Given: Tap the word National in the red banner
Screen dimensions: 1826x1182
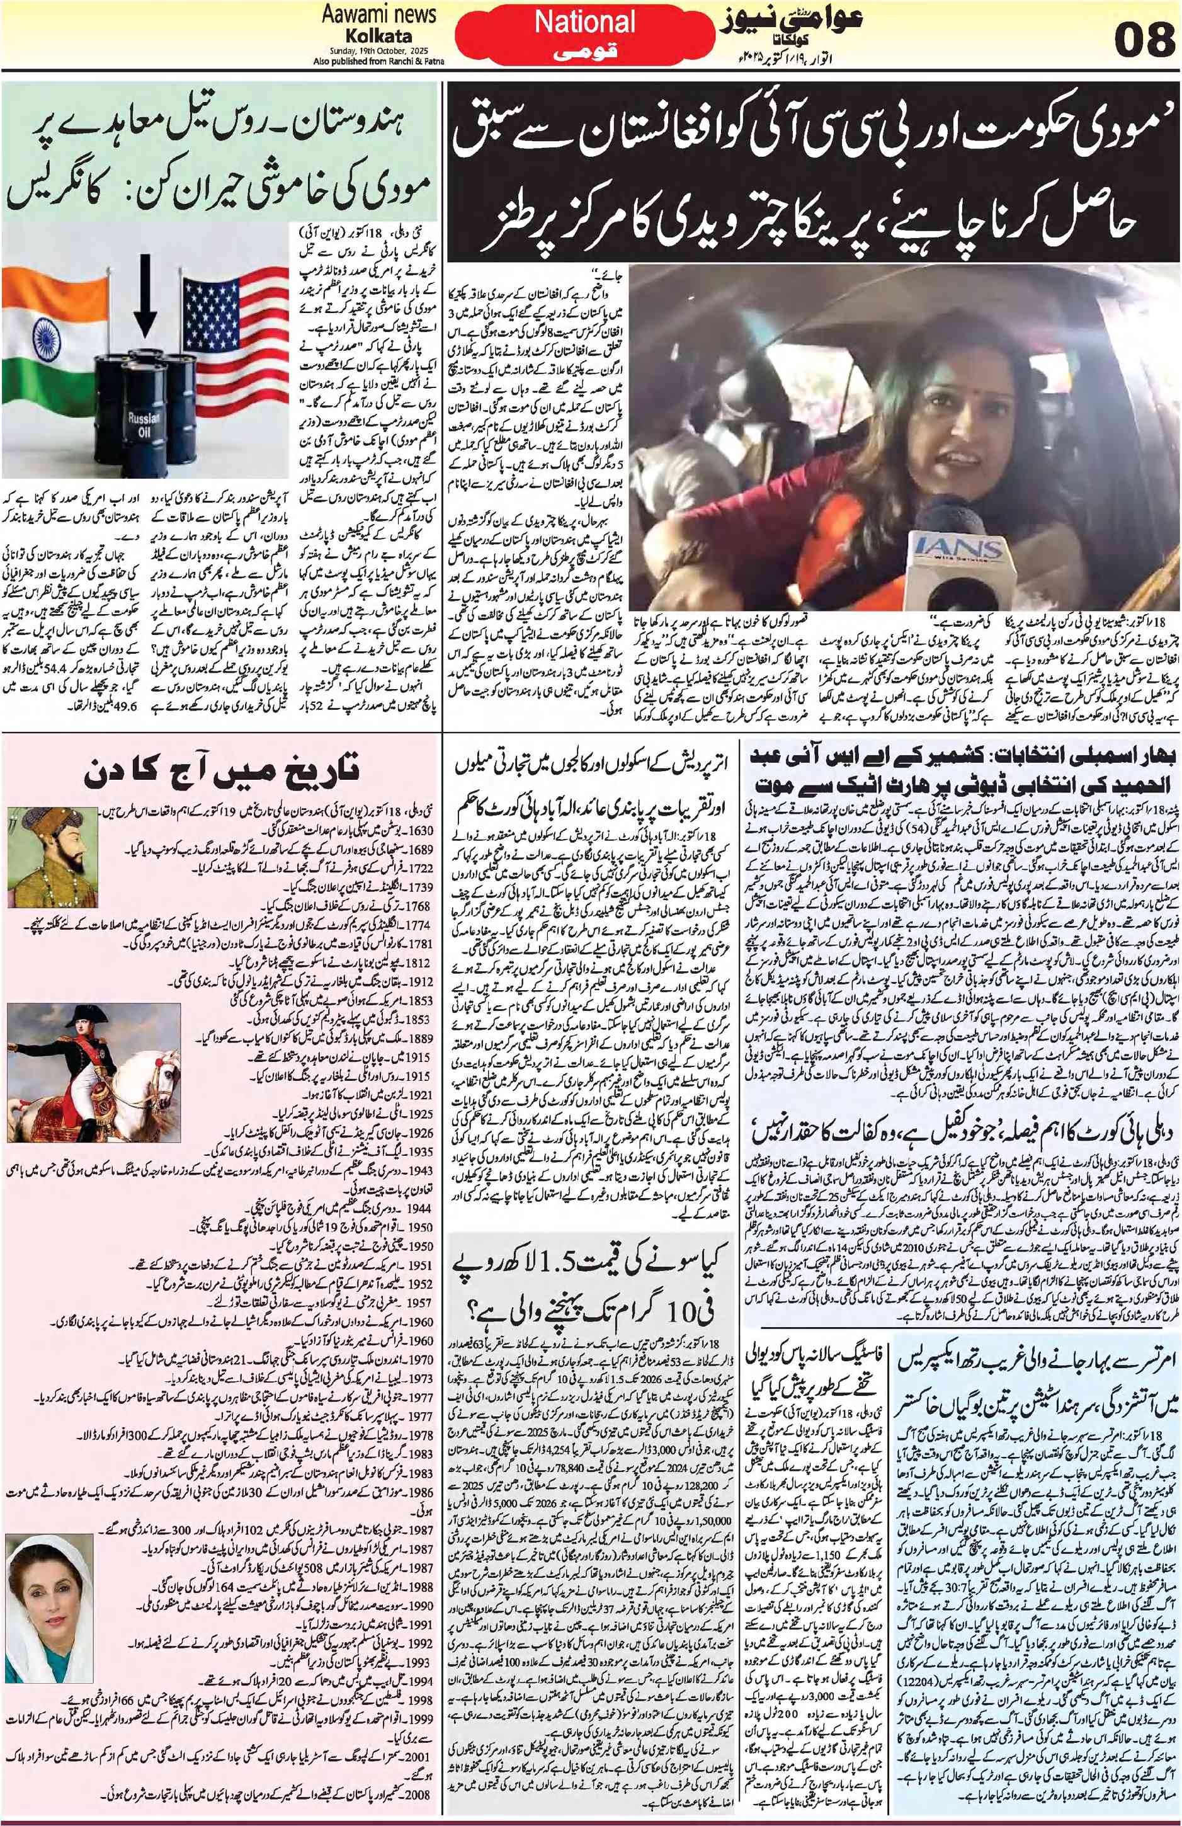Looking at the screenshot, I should pos(585,23).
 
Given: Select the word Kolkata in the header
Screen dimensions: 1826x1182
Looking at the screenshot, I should pos(378,36).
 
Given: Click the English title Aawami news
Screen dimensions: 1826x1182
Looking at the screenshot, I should pos(379,14).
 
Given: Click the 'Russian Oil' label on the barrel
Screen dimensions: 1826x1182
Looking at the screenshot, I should pos(144,422).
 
